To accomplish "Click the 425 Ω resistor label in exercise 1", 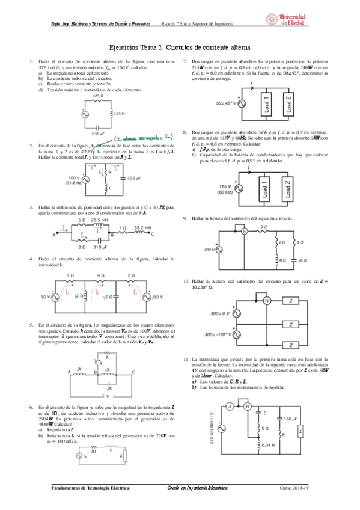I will [97, 96].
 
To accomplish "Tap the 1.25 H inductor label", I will [118, 113].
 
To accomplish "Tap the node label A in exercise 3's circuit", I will [54, 236].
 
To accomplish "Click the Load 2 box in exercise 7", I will [288, 103].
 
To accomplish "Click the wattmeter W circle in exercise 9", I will [244, 230].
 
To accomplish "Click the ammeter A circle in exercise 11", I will [230, 406].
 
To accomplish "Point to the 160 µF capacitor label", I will [288, 419].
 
